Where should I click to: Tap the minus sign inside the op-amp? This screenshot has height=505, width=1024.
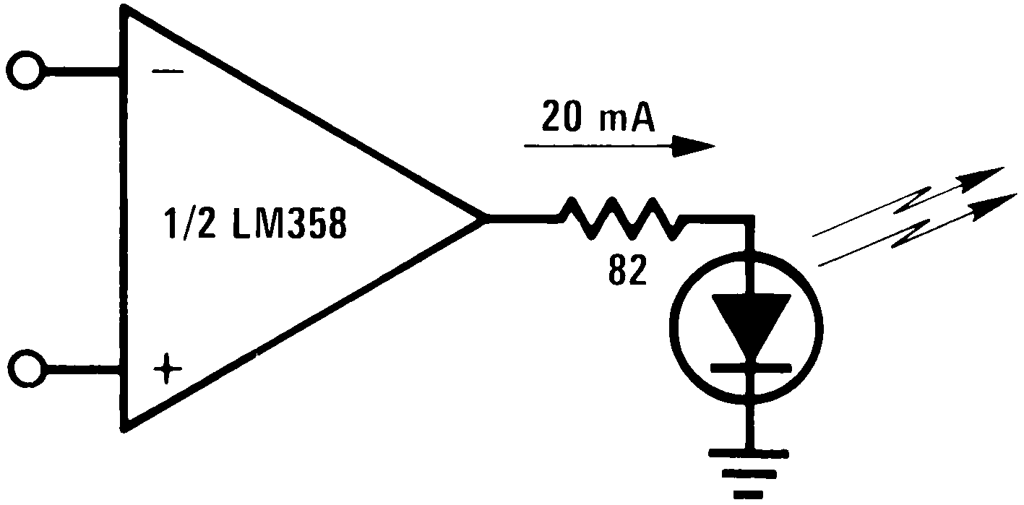tap(169, 72)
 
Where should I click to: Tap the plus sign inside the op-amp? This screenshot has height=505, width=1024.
tap(168, 371)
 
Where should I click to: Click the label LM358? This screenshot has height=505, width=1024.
tap(290, 226)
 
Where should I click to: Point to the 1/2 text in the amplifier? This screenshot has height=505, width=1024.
tap(189, 226)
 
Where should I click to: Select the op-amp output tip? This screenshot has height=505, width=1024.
tap(483, 217)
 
